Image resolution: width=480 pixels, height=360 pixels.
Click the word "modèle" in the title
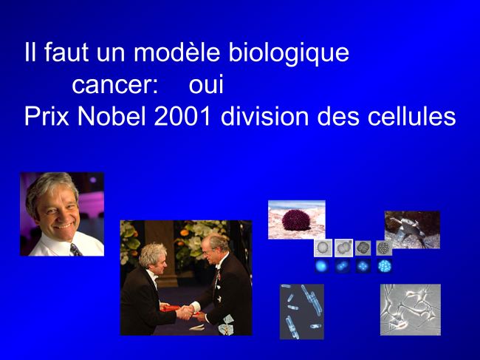coord(176,52)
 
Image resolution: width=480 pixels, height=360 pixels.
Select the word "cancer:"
coord(115,84)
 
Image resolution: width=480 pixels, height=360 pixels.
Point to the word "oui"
coord(206,84)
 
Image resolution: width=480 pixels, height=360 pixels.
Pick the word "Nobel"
coord(112,116)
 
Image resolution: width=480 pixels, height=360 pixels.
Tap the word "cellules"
coord(412,116)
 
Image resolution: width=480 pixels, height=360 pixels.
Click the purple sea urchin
coord(296,220)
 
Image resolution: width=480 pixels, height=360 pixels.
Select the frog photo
coord(412,229)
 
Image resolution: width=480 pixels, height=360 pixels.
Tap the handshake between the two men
coord(185,312)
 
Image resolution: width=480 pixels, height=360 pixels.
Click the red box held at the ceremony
coord(170,308)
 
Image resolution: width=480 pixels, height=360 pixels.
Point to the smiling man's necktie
coord(75,249)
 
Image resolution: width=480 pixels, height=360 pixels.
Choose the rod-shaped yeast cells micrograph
coord(302,312)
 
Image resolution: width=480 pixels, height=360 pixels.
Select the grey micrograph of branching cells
coord(411,310)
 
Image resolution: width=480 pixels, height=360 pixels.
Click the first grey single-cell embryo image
coord(323,248)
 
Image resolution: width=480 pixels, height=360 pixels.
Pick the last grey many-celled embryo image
coord(384,248)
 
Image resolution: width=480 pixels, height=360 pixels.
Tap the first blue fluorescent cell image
coord(322,266)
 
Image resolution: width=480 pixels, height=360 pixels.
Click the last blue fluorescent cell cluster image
coord(385,266)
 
